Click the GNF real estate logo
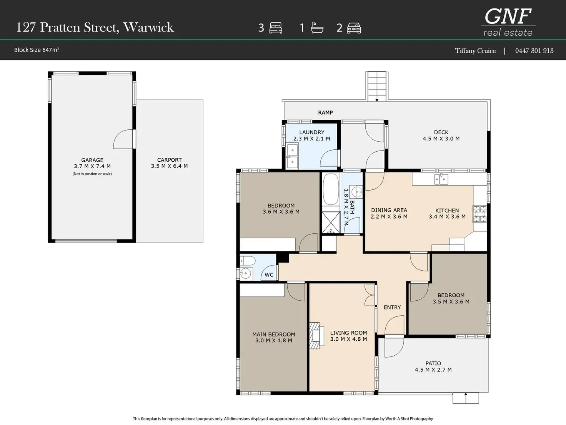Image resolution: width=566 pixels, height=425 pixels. (508, 22)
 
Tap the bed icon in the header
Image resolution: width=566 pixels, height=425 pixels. (276, 28)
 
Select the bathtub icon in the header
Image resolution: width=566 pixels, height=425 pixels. (317, 28)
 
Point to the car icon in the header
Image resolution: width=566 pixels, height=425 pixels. (354, 28)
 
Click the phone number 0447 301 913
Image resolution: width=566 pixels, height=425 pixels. (534, 50)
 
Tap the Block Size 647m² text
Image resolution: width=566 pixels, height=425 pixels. (37, 50)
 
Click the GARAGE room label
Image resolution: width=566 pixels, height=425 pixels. (92, 160)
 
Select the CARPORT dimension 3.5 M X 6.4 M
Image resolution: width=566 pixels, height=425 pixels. (170, 166)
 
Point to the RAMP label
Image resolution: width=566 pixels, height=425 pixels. (325, 112)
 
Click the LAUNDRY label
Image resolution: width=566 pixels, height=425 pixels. (312, 132)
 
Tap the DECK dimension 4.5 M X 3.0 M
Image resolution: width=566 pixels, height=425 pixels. (441, 139)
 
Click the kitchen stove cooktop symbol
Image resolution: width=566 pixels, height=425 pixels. (479, 214)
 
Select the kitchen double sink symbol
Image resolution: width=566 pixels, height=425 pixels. (441, 179)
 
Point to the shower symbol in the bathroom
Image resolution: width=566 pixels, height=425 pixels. (331, 223)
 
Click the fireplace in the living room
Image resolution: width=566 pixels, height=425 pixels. (316, 335)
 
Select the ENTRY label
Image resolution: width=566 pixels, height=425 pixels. (392, 307)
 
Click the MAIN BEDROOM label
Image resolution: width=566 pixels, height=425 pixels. (274, 335)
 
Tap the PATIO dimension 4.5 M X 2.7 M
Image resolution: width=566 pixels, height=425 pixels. (433, 370)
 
